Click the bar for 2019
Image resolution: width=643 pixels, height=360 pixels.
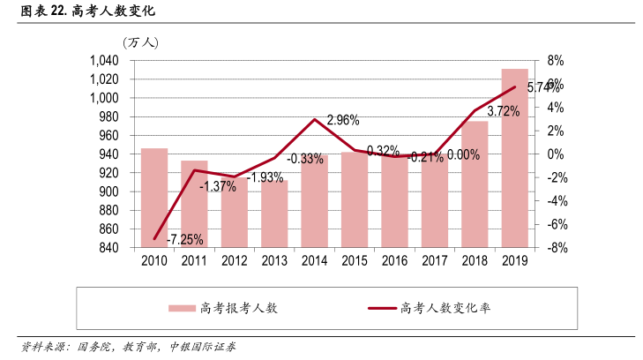pyautogui.click(x=515, y=159)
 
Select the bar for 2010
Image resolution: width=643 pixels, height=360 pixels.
pyautogui.click(x=154, y=198)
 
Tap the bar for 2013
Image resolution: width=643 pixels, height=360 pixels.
pyautogui.click(x=274, y=214)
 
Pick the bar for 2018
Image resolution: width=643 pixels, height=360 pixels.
pyautogui.click(x=475, y=184)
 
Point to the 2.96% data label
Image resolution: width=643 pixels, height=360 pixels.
pyautogui.click(x=343, y=120)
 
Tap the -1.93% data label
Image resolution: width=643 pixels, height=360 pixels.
pyautogui.click(x=265, y=178)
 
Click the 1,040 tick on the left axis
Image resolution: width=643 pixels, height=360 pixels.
pyautogui.click(x=104, y=60)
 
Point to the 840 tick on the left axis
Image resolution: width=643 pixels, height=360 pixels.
pyautogui.click(x=110, y=248)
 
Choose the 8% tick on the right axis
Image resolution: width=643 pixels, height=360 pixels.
pyautogui.click(x=555, y=60)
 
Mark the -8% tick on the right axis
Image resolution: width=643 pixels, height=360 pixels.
pyautogui.click(x=555, y=248)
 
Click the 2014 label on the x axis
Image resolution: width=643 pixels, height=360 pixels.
pyautogui.click(x=314, y=262)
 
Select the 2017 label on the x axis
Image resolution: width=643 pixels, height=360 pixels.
pyautogui.click(x=435, y=262)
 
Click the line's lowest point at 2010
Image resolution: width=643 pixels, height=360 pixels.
pyautogui.click(x=154, y=238)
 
